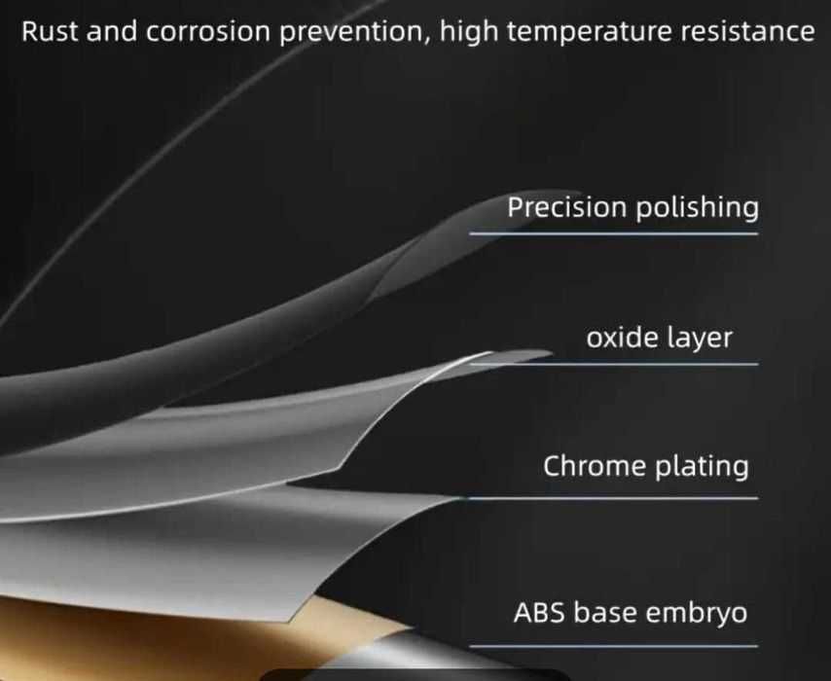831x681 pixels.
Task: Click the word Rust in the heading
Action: click(51, 31)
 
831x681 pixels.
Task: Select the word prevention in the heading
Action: click(355, 33)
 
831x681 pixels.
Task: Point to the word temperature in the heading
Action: click(590, 32)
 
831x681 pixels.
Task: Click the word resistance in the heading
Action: click(747, 32)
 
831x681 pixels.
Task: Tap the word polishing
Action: click(697, 207)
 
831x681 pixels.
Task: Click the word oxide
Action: click(622, 337)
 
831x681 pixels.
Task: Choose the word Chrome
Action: click(595, 466)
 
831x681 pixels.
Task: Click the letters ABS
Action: click(539, 613)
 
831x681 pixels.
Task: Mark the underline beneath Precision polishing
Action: click(614, 233)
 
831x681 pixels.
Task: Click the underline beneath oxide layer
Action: click(614, 364)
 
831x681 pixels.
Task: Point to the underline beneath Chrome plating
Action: click(614, 498)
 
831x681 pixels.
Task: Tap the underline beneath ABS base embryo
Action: click(614, 646)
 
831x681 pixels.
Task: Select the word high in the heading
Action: click(468, 33)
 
